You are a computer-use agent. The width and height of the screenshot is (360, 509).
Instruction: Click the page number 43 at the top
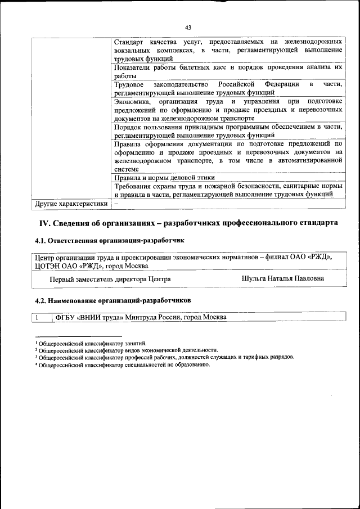coord(188,26)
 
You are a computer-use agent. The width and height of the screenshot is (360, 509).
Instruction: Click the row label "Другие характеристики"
coord(70,203)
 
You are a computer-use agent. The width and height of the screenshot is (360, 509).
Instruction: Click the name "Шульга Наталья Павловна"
coord(282,278)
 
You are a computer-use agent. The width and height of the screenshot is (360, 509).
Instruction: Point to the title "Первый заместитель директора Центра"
coord(110,279)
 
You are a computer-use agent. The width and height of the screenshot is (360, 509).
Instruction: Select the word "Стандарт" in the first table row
coord(129,43)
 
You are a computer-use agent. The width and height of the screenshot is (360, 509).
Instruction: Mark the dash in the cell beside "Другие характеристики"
coord(116,203)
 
